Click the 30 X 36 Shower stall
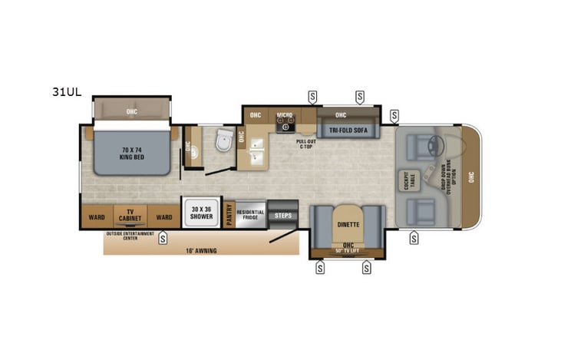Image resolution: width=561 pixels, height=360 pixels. coord(200,213)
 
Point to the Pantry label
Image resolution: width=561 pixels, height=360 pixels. coord(229,214)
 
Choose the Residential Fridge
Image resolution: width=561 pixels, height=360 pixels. coord(250,214)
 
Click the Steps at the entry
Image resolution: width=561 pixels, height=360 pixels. coord(284,216)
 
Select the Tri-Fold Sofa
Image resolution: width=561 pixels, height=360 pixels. coord(348,130)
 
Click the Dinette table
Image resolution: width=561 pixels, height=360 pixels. coord(348,224)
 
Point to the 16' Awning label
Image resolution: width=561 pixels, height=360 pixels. coord(201,250)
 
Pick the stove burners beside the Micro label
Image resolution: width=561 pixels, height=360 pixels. coord(285,124)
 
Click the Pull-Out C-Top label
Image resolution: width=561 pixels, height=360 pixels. coord(306,144)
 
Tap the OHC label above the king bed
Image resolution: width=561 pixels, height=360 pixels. coord(131,111)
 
